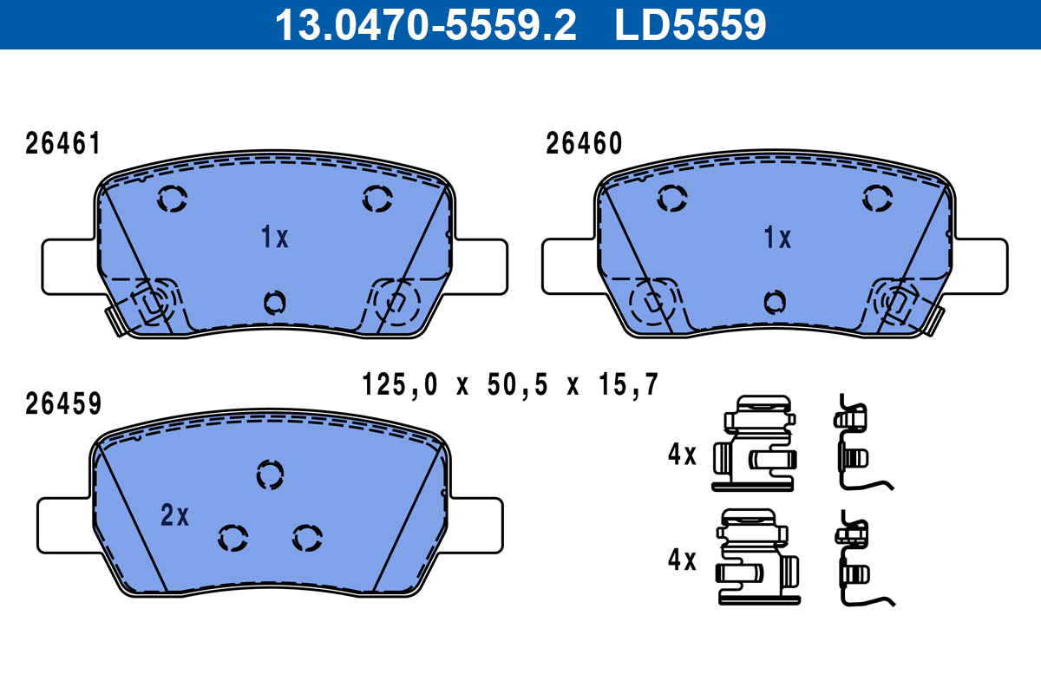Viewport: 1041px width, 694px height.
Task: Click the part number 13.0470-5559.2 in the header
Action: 425,24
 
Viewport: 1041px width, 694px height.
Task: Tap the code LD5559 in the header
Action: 691,24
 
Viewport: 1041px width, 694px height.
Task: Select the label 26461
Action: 63,144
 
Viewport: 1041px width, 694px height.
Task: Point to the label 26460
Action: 584,144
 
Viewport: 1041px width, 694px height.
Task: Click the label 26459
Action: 63,403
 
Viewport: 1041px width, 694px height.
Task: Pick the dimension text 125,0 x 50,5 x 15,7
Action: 510,383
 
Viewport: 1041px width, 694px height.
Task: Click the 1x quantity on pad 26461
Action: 275,237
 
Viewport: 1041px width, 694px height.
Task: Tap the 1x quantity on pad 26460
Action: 777,237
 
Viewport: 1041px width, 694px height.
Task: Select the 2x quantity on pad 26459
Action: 174,516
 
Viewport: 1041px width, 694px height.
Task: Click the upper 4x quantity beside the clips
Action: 683,455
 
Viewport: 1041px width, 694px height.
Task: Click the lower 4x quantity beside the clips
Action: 683,560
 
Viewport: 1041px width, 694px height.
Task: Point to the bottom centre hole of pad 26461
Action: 274,302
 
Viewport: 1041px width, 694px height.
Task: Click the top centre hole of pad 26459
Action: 270,474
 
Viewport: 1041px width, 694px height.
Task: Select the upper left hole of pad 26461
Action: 172,200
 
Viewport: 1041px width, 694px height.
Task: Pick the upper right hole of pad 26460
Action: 878,199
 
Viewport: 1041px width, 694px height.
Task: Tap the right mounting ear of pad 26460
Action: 980,265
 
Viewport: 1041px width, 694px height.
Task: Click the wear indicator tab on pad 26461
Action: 114,320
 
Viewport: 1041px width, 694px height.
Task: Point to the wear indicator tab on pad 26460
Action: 933,320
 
